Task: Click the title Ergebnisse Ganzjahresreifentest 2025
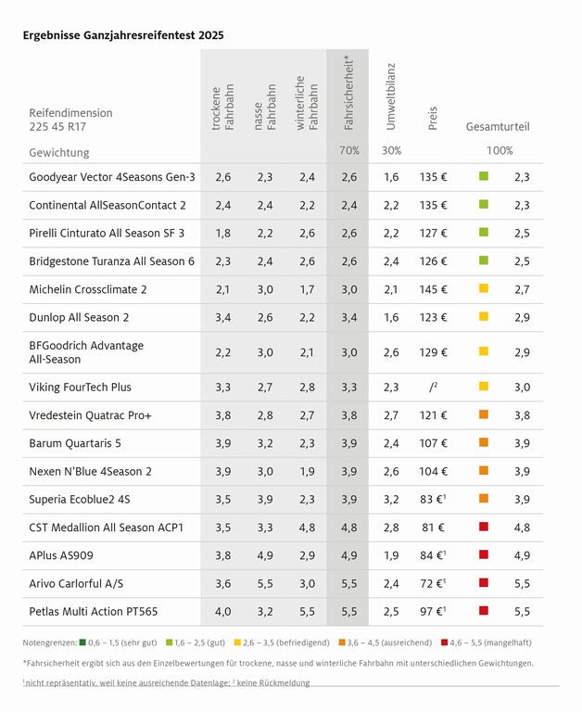[x=122, y=35]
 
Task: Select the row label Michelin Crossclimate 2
[x=88, y=289]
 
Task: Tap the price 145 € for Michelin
[x=433, y=289]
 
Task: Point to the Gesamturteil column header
[x=498, y=126]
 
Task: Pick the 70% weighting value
[x=348, y=150]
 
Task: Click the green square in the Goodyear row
[x=483, y=176]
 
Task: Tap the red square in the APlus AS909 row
[x=483, y=555]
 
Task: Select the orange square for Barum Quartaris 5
[x=483, y=443]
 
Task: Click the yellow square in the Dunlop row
[x=483, y=317]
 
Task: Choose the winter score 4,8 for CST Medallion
[x=307, y=528]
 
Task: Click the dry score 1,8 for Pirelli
[x=222, y=233]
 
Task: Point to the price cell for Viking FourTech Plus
[x=433, y=388]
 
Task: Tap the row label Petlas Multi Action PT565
[x=94, y=612]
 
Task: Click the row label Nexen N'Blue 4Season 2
[x=91, y=471]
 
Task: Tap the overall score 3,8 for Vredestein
[x=522, y=415]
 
